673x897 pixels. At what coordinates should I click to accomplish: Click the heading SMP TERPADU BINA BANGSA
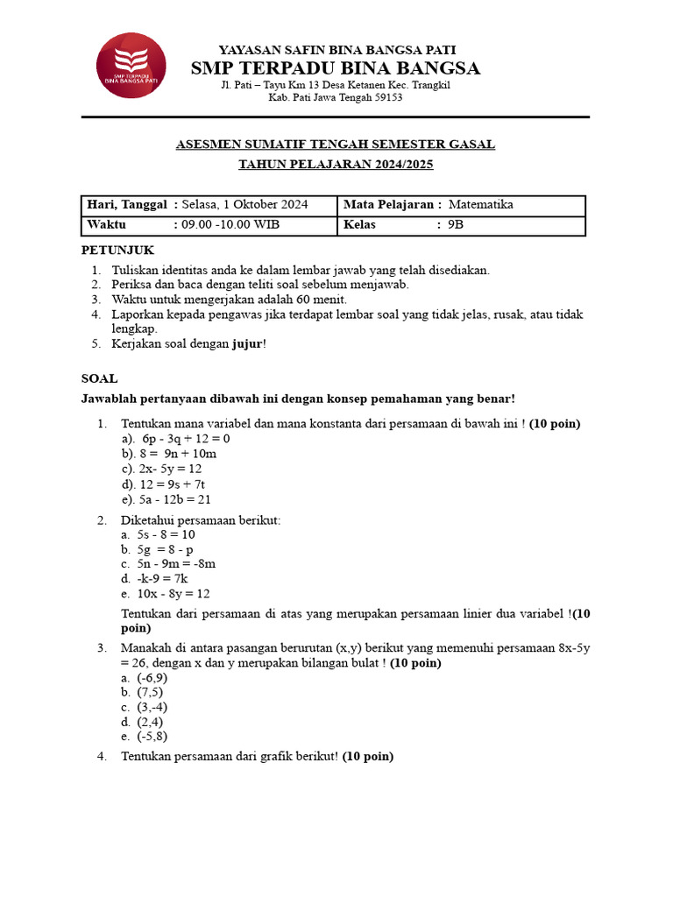(x=336, y=68)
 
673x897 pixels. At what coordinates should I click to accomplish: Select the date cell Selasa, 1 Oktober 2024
(x=244, y=205)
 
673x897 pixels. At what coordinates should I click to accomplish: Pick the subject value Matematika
(x=480, y=205)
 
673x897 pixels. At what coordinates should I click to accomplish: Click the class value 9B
(x=456, y=225)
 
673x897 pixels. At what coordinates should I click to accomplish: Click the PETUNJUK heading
(x=117, y=251)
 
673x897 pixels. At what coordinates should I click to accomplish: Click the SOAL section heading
(x=99, y=378)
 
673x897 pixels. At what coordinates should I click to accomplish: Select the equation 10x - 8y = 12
(x=174, y=594)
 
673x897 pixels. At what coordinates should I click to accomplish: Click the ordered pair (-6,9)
(x=152, y=678)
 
